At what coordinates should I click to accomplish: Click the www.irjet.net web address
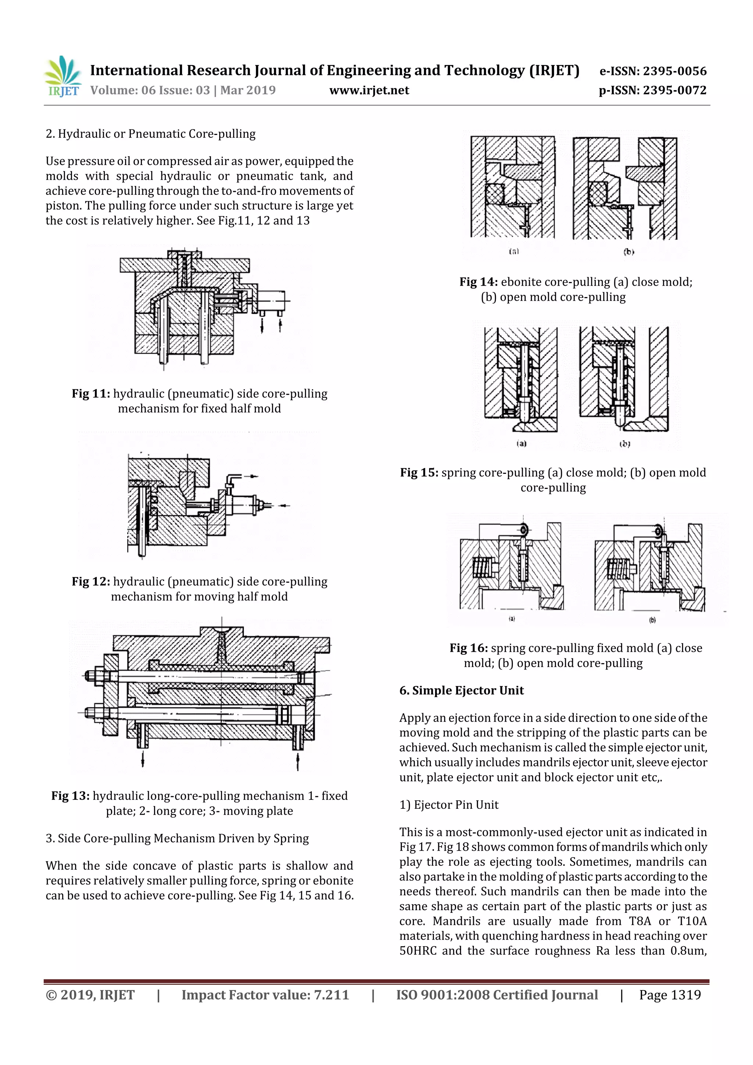tap(369, 90)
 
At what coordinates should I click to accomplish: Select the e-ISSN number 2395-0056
tap(674, 71)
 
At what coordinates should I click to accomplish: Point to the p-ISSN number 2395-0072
tap(674, 90)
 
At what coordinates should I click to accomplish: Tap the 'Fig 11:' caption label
tap(91, 394)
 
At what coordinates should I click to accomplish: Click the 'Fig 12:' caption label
tap(91, 582)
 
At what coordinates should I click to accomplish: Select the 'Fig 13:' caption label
tap(71, 796)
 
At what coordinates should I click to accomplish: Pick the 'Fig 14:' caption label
tap(478, 282)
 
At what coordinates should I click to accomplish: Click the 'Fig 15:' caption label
tap(419, 473)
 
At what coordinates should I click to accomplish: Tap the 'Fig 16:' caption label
tap(468, 648)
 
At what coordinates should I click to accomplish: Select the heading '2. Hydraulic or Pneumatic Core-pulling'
tap(150, 134)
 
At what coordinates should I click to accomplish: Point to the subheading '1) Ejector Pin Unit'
tap(449, 805)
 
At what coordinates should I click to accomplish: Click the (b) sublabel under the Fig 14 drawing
tap(628, 252)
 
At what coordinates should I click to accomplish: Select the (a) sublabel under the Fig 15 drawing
tap(521, 443)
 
